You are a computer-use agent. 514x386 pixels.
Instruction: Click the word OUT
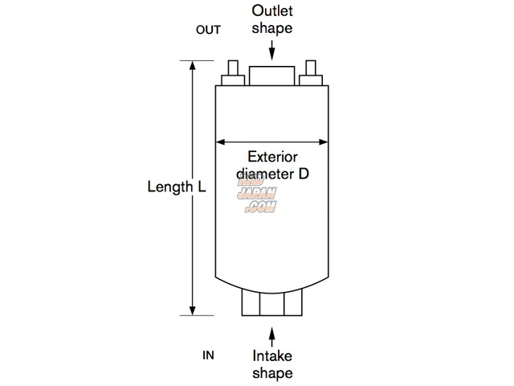click(x=208, y=31)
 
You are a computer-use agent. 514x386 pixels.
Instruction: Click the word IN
click(x=208, y=355)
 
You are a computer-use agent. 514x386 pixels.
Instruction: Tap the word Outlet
click(x=271, y=11)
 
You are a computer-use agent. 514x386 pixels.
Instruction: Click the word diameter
click(x=264, y=173)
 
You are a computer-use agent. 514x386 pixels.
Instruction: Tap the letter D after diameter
click(x=304, y=173)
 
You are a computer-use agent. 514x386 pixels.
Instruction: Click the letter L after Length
click(x=202, y=187)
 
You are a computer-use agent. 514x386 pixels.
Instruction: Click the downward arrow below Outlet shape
click(x=272, y=51)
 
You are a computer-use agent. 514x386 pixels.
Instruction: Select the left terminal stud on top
click(x=234, y=73)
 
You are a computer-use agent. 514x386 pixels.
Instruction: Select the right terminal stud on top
click(x=311, y=73)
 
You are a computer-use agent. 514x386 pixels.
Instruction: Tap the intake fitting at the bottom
click(x=272, y=303)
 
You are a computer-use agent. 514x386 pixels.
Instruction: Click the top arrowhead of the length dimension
click(x=192, y=66)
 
